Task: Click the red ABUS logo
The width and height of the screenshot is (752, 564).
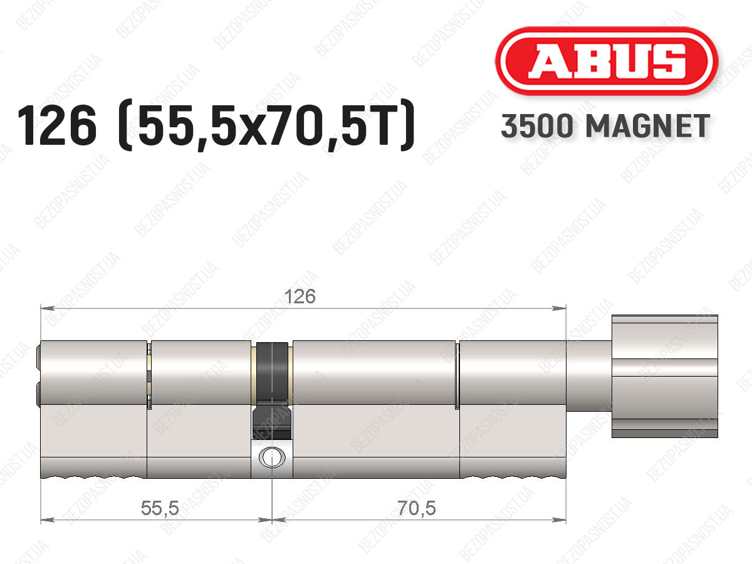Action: [607, 61]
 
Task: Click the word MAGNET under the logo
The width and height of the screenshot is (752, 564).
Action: [648, 126]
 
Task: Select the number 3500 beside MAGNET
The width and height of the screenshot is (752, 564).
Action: [537, 126]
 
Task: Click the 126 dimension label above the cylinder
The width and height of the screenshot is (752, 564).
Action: [300, 296]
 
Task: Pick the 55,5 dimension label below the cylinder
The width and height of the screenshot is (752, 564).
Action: [160, 508]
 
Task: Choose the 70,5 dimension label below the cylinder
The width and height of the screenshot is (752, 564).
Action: [417, 508]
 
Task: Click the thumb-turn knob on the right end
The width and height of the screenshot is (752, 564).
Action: [665, 376]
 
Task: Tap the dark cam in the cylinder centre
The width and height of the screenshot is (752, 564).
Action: [272, 390]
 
